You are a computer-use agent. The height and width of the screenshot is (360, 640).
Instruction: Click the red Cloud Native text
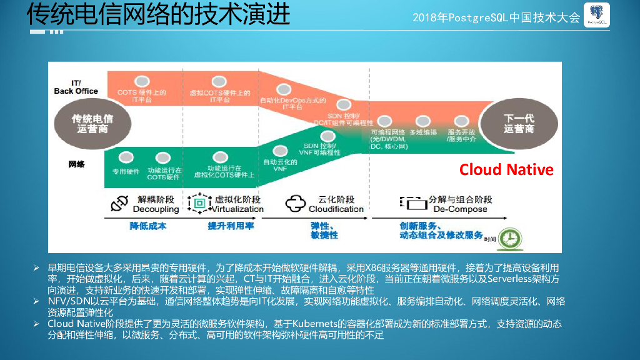506,170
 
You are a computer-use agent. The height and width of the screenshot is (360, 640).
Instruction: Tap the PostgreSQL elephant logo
596,17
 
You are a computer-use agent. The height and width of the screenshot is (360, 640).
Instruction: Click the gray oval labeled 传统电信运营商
92,123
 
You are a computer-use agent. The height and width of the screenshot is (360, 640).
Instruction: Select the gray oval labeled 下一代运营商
519,123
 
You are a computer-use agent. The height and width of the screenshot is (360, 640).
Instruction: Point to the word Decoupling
156,209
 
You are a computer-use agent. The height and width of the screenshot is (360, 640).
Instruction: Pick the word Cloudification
336,209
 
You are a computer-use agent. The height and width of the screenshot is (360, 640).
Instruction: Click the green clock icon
510,237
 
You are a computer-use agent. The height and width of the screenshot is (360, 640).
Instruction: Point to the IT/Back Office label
76,87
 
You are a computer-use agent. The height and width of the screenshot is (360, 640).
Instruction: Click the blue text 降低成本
148,226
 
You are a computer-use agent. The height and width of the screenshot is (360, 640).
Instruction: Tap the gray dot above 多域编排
423,121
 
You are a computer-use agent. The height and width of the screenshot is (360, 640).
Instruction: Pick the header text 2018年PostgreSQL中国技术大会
497,17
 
